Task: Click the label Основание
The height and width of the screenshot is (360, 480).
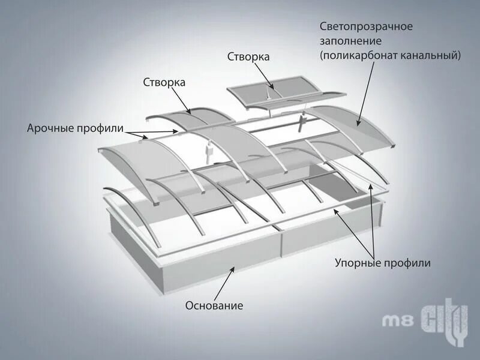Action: point(214,305)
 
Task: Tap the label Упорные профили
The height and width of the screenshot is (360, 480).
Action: point(382,263)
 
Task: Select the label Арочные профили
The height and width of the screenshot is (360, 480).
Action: point(75,128)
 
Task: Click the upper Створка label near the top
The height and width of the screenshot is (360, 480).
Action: point(248,56)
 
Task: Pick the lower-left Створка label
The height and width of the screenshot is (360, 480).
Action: point(164,82)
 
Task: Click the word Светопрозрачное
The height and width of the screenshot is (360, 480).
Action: point(366,27)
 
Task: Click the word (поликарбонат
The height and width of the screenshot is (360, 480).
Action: point(354,55)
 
